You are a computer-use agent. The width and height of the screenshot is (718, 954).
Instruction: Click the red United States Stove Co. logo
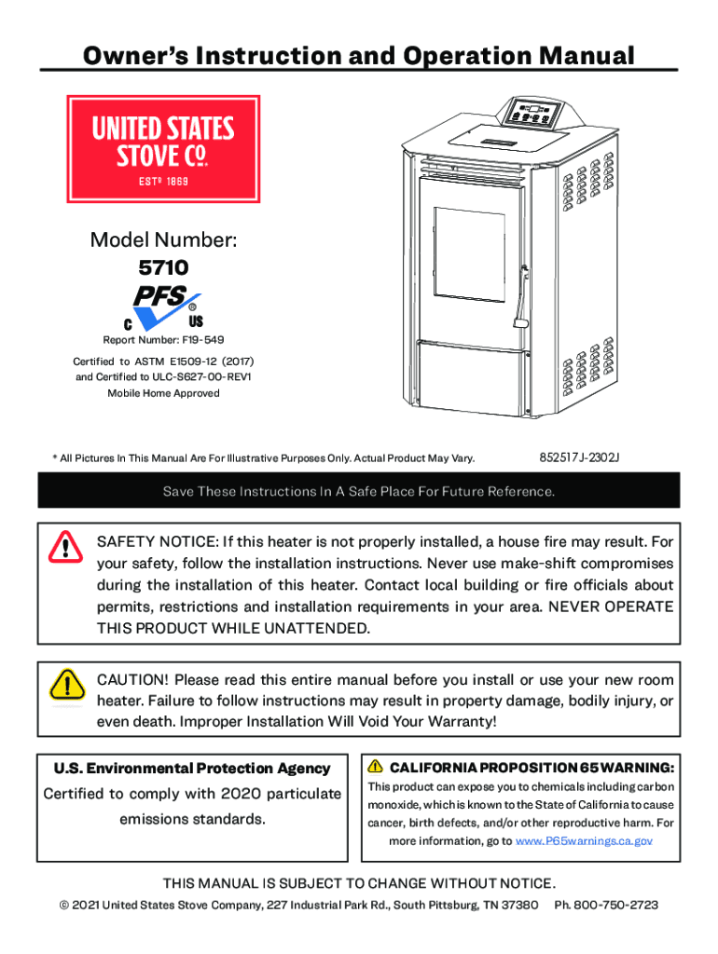[163, 149]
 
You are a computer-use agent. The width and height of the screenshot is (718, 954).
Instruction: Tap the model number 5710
[163, 268]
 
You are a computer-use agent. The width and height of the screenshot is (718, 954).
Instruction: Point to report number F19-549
[163, 340]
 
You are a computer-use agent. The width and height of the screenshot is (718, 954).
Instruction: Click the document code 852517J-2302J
[579, 458]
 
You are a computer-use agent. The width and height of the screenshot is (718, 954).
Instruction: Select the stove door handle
[518, 296]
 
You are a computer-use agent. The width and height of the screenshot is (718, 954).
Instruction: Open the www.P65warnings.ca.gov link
[584, 840]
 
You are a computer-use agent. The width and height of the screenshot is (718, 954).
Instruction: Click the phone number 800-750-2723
[619, 905]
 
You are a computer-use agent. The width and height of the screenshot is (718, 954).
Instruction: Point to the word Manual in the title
[585, 56]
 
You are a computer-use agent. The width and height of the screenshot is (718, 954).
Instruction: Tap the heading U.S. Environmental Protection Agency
[192, 769]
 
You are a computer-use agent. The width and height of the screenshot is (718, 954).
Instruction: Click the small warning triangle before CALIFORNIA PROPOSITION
[375, 767]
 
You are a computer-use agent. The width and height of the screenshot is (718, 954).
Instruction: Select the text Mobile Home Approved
[163, 393]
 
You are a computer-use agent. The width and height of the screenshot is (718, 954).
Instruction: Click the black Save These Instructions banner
[359, 491]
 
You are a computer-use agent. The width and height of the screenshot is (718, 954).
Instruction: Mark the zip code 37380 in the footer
[520, 905]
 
